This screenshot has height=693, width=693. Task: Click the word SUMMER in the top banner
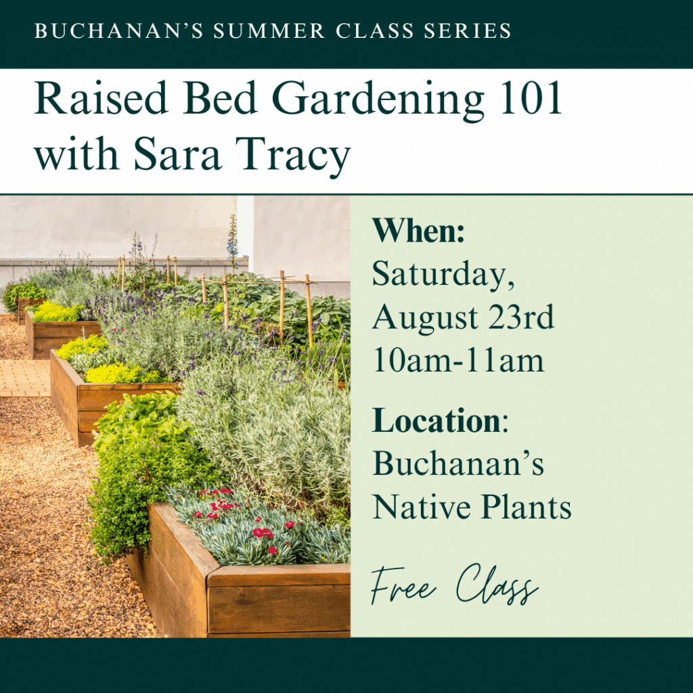269,31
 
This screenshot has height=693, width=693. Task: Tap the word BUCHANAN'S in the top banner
119,31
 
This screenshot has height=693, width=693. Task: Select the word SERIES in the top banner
467,31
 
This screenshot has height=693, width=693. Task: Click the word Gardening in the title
378,101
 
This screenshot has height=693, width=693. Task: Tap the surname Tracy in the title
292,156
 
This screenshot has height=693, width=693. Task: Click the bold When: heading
418,230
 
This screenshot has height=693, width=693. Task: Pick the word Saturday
443,275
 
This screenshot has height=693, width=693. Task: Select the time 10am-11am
458,360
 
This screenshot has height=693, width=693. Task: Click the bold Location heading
437,420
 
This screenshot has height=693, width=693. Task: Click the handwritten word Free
403,586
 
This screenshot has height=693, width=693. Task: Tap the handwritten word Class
497,583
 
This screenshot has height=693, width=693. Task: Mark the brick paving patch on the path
25,378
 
